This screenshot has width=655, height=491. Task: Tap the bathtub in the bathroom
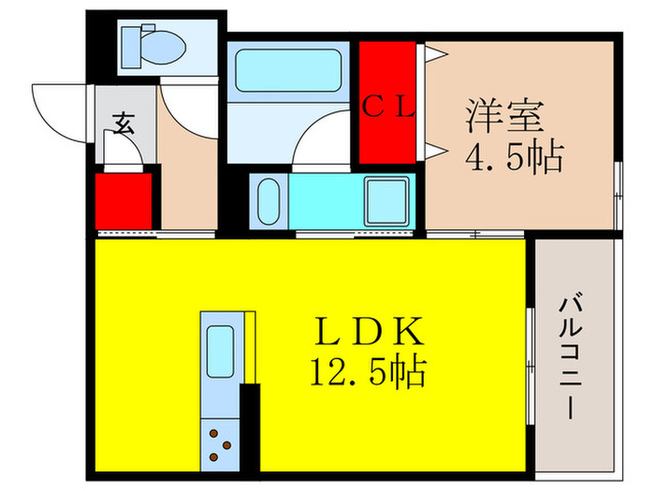288,71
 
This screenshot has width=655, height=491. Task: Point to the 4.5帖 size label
514,156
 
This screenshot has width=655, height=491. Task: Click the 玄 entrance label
123,122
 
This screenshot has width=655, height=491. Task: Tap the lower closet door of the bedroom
434,150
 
